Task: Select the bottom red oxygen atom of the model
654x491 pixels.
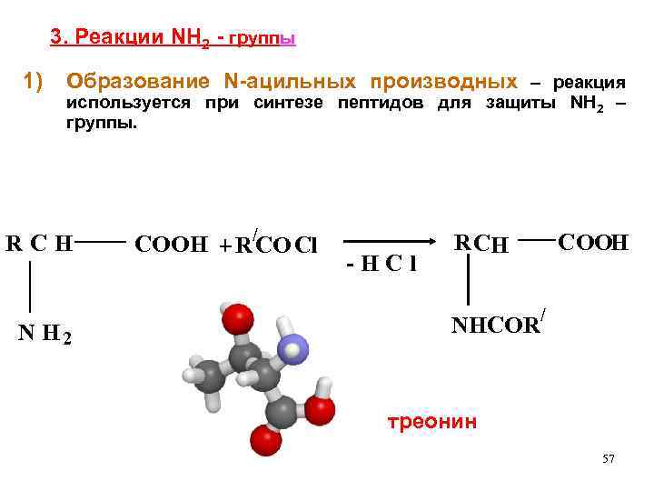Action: [x=264, y=446]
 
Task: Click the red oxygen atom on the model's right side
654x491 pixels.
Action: [x=319, y=410]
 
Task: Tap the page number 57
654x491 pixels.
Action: [x=609, y=459]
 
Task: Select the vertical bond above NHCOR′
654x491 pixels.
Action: [x=467, y=280]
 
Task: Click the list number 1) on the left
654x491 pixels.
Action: [x=34, y=82]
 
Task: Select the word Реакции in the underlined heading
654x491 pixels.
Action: [x=118, y=38]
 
